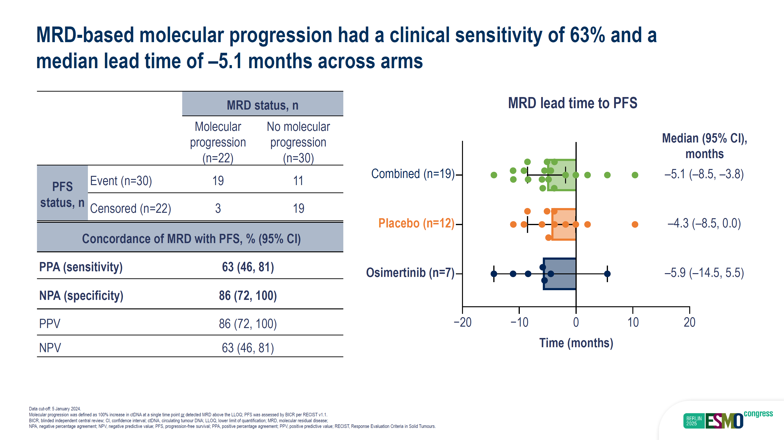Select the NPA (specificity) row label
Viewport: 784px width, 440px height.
pos(81,296)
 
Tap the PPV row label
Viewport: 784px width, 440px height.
pos(50,324)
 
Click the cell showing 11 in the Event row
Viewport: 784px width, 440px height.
pos(298,181)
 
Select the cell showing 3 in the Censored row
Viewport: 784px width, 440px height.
pos(218,208)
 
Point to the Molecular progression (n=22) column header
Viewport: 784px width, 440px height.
pos(218,142)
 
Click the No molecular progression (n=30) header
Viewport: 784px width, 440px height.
pos(298,142)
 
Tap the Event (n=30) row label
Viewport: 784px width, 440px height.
pos(121,181)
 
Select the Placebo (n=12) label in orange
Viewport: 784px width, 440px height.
pos(416,223)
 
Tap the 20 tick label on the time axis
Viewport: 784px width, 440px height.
pos(690,322)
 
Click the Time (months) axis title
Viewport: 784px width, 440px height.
pos(576,343)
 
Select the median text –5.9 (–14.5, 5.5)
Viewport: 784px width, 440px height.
pos(704,273)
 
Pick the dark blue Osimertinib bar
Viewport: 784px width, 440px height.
pos(560,274)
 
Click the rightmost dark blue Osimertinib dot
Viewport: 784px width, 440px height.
pos(607,274)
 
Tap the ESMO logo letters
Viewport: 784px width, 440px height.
pos(724,421)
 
